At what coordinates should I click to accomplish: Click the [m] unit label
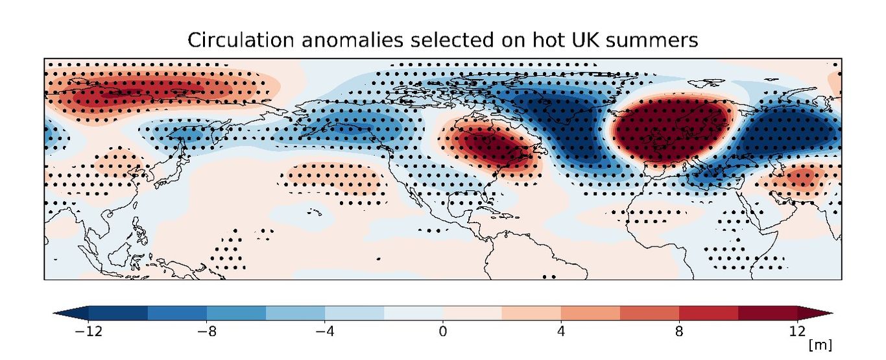[x=820, y=344]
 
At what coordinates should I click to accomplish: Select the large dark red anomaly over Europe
[x=668, y=130]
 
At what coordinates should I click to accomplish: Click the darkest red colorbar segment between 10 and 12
[x=767, y=313]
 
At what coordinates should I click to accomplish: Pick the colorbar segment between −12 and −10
[x=118, y=313]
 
